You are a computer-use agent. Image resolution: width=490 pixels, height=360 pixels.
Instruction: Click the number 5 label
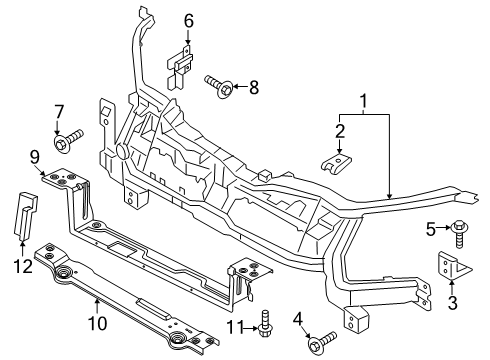(x=431, y=228)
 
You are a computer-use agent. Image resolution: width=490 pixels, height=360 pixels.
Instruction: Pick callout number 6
(x=187, y=20)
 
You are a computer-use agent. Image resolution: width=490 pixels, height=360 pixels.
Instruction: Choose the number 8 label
(x=252, y=87)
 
